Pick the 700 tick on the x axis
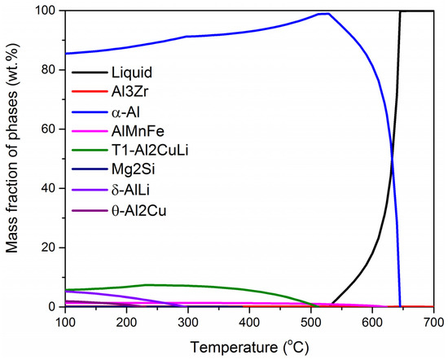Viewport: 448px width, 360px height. click(433, 322)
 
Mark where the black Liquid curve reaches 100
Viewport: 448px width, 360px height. click(400, 11)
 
